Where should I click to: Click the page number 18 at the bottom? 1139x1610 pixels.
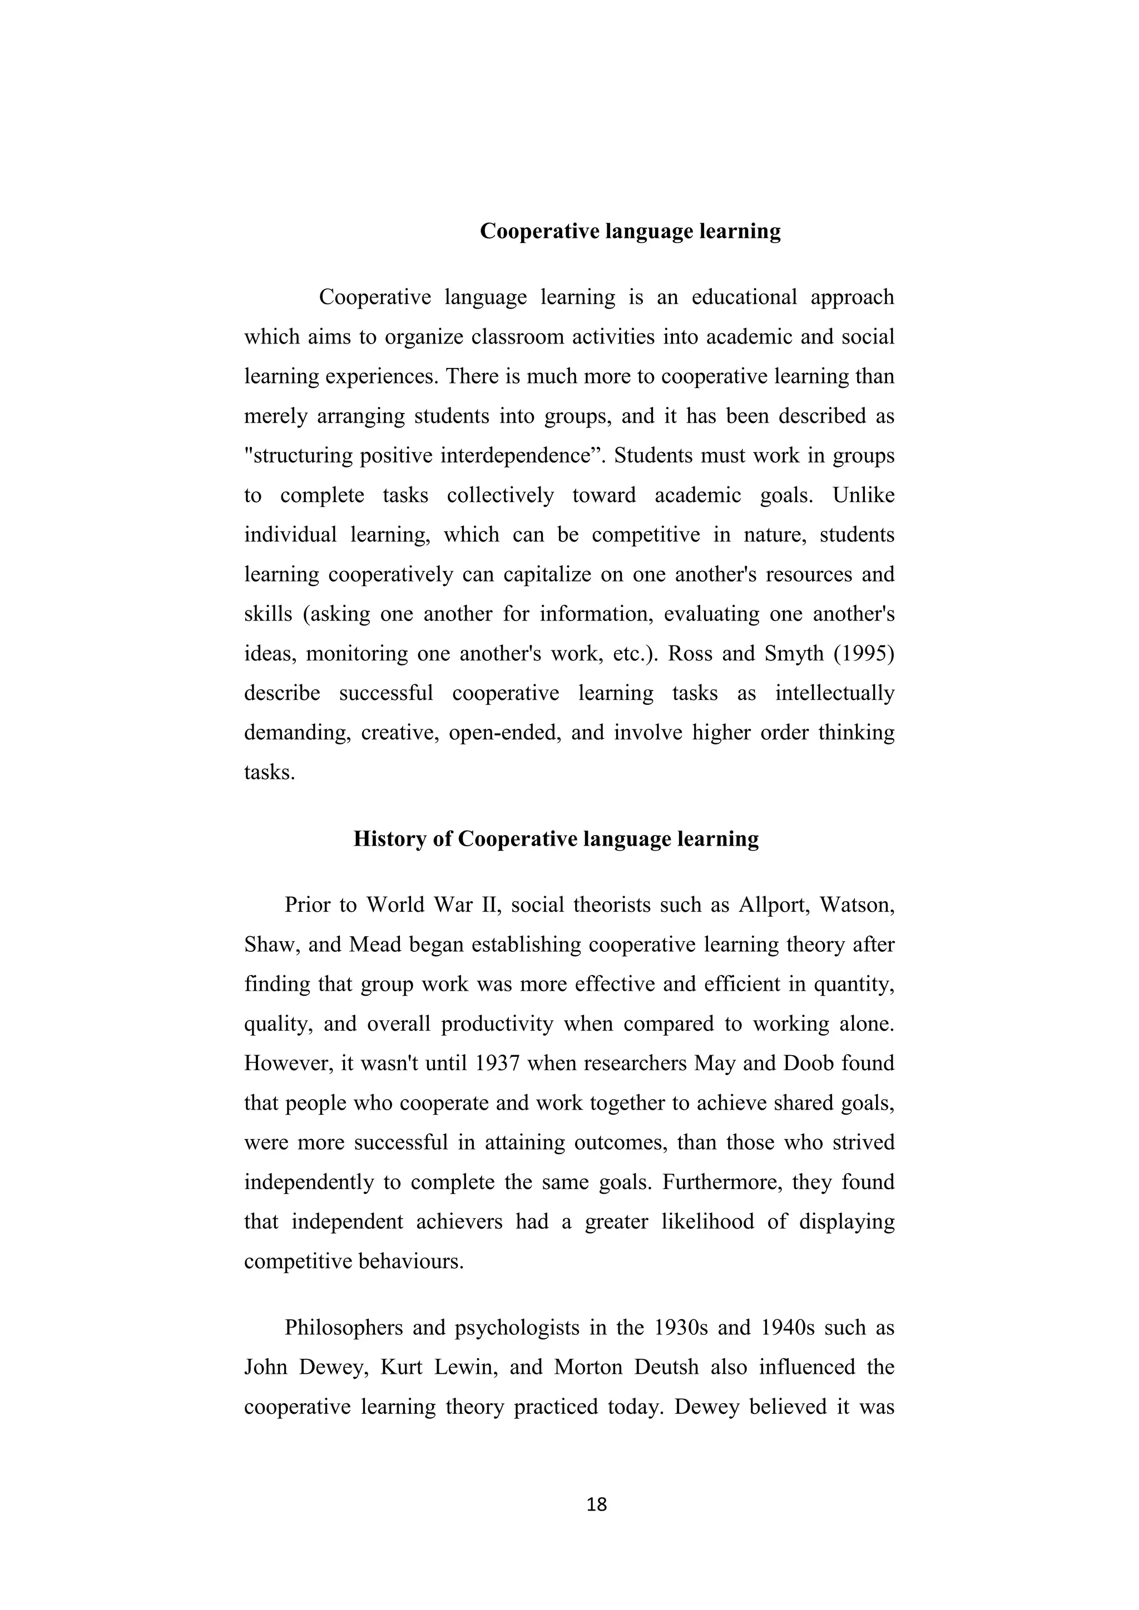tap(596, 1505)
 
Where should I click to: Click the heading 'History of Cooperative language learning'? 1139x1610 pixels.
tap(556, 839)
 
